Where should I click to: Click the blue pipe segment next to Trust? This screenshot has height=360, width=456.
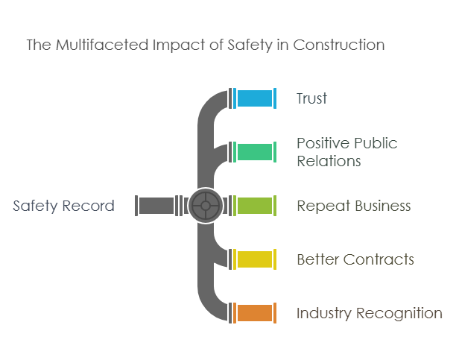(254, 98)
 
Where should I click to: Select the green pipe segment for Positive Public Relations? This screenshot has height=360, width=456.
(254, 152)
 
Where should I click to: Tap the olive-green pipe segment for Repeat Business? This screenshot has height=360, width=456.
(254, 206)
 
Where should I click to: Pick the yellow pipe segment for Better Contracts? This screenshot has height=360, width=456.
(254, 259)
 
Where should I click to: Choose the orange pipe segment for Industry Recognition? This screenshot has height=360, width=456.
(254, 313)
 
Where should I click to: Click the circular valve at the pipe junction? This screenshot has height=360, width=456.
(206, 206)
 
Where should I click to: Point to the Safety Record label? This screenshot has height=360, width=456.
(64, 206)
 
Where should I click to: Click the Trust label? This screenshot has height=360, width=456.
(311, 98)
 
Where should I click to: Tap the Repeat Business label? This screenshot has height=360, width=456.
(353, 206)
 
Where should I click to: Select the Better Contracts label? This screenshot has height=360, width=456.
(355, 259)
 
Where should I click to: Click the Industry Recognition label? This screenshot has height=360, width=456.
(370, 313)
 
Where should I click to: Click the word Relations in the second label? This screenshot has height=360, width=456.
(329, 161)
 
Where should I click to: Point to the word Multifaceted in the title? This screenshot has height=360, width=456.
(92, 45)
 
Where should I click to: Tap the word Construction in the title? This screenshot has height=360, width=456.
(341, 45)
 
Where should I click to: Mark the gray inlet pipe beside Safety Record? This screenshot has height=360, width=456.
(156, 206)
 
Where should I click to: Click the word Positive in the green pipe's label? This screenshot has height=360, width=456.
(320, 143)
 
